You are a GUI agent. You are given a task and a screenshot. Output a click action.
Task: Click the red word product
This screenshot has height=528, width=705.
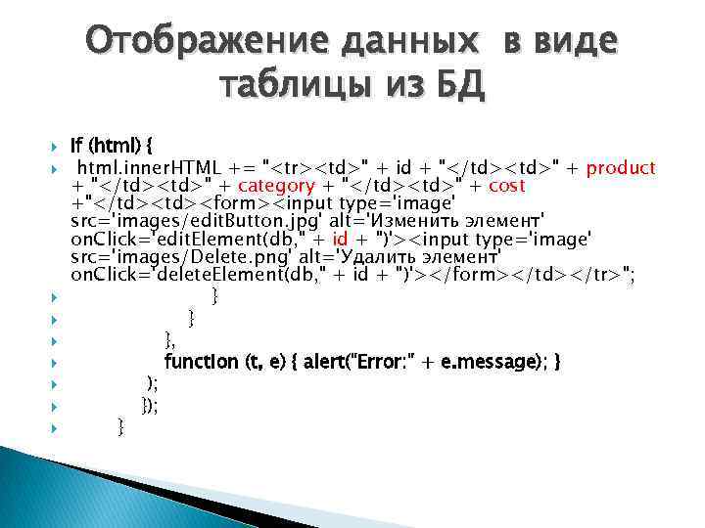click(623, 168)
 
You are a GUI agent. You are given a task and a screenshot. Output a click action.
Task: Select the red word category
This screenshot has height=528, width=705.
click(277, 186)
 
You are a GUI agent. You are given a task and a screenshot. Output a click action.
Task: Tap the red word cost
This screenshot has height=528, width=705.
click(506, 186)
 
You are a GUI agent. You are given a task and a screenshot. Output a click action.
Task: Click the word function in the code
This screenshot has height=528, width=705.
click(201, 362)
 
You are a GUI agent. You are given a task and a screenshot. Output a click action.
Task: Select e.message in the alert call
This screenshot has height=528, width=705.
click(495, 362)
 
